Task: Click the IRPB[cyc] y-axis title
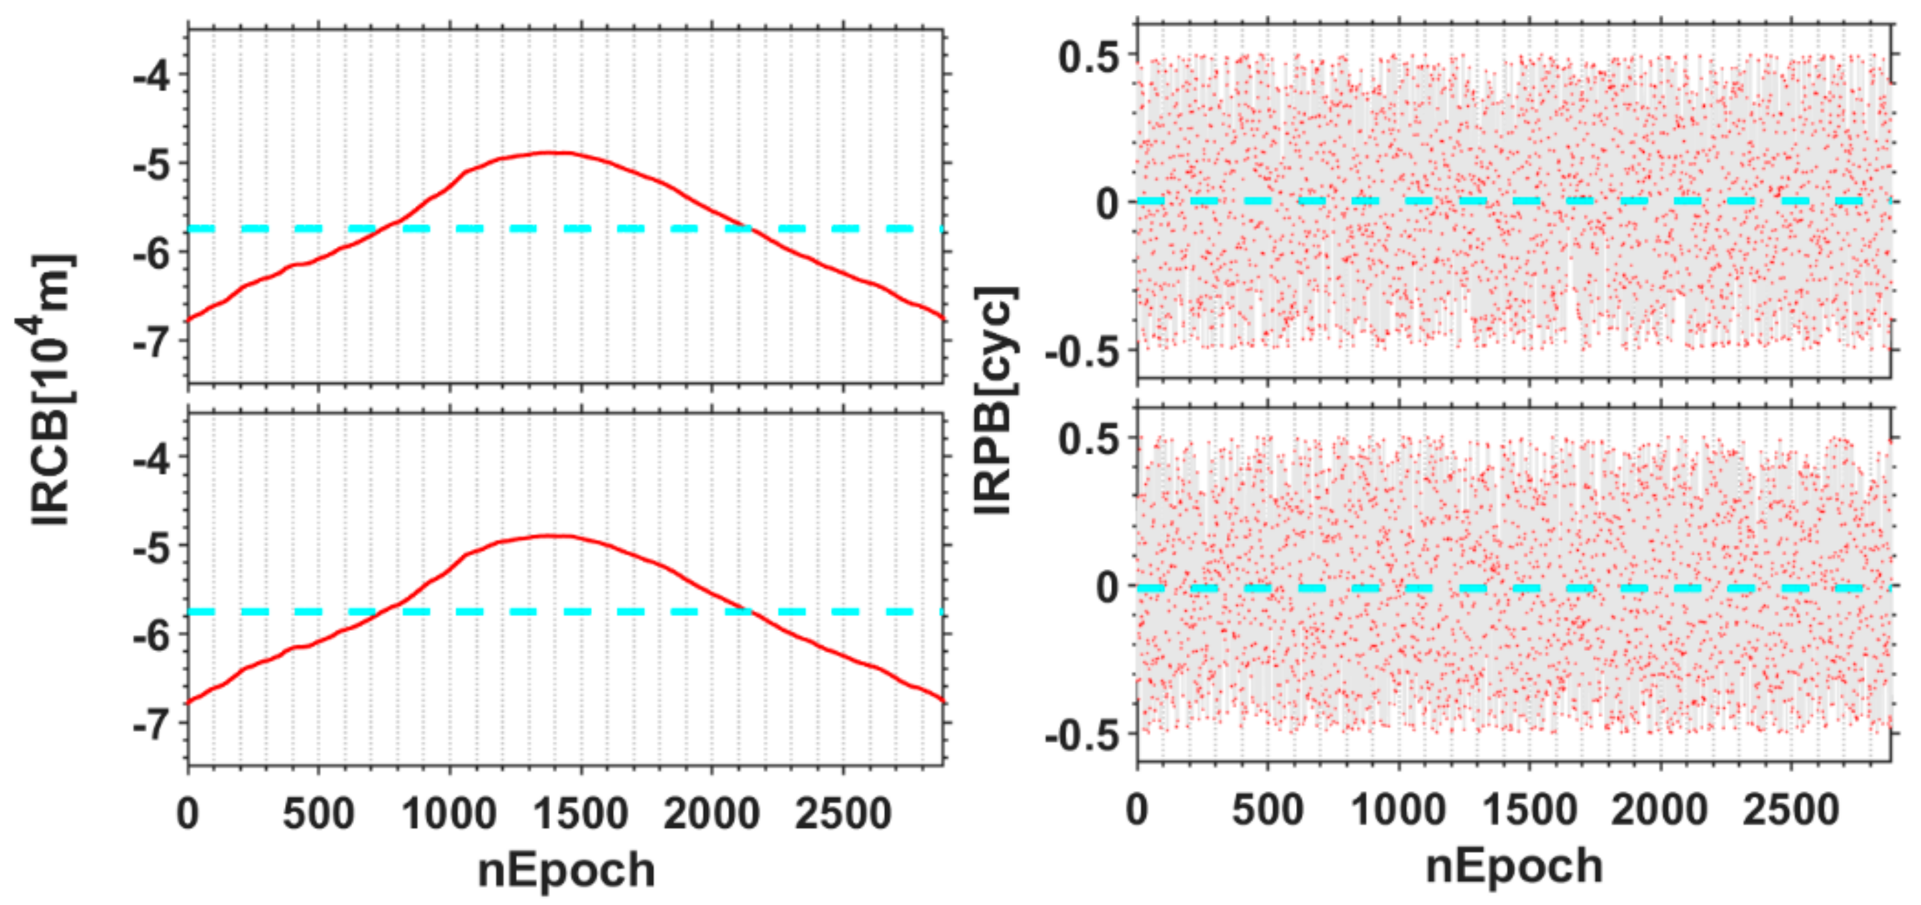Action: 996,400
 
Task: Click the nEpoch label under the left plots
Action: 566,869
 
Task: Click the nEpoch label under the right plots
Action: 1514,866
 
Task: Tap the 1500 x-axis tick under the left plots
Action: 581,812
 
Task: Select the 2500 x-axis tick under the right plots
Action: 1790,810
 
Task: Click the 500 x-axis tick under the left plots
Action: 318,812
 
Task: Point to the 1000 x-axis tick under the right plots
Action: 1398,810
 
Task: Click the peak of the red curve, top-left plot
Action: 552,153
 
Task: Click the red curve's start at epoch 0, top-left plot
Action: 189,319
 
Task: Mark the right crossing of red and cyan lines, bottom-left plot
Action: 748,612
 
